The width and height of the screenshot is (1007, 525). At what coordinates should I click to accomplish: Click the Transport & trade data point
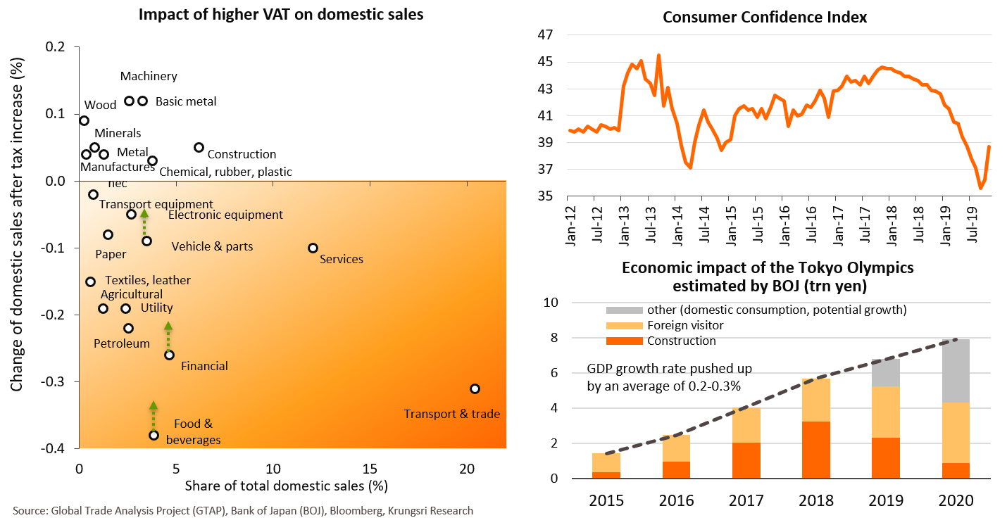pos(475,388)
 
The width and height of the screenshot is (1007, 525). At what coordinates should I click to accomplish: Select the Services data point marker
pos(313,248)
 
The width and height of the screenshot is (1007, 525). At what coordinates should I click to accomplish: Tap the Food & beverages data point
pos(154,435)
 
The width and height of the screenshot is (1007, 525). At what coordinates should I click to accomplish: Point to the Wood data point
pos(84,120)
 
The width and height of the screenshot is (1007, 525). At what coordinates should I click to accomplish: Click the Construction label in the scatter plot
pos(242,154)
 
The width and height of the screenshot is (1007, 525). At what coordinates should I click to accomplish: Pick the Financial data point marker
pos(169,355)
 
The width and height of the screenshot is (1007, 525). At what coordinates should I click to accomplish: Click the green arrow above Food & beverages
pos(154,415)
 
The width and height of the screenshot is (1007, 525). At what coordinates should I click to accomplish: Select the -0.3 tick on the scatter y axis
pos(58,381)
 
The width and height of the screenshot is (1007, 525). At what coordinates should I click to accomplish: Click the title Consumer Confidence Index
pos(765,16)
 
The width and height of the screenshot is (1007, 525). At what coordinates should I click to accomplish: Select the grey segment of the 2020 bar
pos(955,371)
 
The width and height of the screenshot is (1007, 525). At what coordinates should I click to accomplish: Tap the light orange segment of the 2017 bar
pos(746,425)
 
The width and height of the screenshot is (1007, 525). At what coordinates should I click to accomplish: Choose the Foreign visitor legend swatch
pos(624,326)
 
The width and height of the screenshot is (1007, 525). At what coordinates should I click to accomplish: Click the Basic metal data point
pos(142,101)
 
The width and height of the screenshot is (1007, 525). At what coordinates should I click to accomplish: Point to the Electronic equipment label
pos(225,215)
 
